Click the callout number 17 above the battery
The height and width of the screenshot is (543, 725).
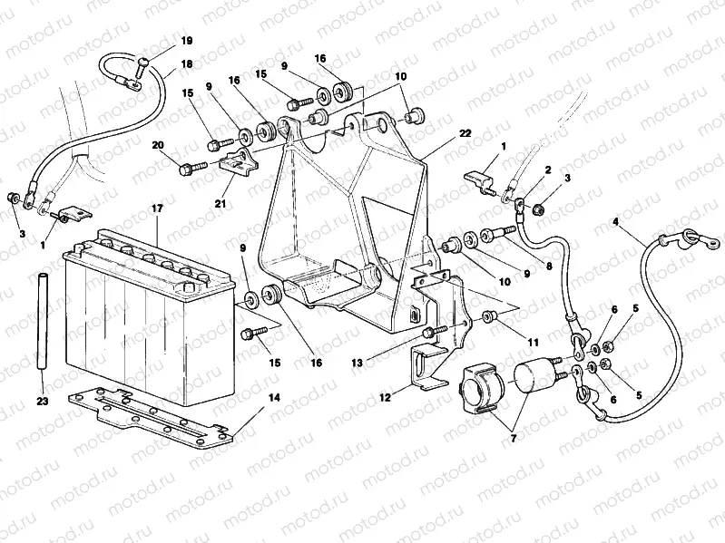[157, 209]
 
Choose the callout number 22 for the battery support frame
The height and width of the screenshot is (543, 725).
[465, 133]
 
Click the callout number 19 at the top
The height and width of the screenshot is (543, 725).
[187, 42]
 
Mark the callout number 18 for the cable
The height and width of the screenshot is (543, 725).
[187, 63]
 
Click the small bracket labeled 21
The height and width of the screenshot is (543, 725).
[239, 167]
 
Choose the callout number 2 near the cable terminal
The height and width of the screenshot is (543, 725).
[547, 170]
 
